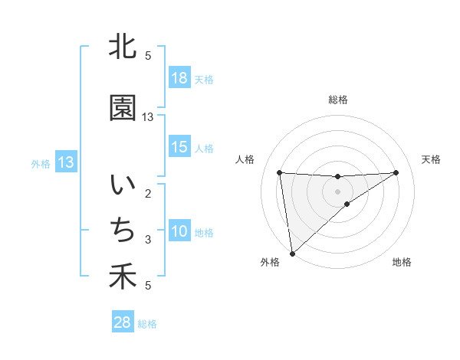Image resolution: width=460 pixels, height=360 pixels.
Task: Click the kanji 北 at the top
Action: pos(122,47)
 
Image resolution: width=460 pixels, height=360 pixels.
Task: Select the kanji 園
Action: pos(122,108)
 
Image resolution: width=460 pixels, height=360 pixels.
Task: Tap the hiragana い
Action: pos(122,186)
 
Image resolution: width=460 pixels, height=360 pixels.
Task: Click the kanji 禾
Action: pos(122,277)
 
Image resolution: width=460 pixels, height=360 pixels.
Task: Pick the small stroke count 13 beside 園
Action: pos(148,117)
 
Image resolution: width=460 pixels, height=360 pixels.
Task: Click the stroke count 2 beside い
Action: pos(148,194)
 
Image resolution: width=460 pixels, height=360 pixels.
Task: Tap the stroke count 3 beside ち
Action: pos(148,240)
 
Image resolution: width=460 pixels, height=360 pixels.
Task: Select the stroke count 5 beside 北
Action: pos(148,56)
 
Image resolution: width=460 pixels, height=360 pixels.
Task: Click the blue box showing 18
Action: pos(179,78)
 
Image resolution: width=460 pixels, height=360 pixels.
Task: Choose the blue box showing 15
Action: pos(179,147)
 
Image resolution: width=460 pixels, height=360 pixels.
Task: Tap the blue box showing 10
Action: pos(179,231)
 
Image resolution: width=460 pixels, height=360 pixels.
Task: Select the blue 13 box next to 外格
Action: pos(66,162)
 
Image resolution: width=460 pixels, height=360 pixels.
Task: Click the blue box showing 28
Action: pos(122,322)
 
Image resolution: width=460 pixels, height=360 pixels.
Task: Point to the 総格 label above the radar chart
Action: pos(337,100)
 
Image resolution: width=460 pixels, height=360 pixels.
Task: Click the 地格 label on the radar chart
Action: pos(402,263)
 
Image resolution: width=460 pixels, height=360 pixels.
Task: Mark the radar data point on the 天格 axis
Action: pos(396,172)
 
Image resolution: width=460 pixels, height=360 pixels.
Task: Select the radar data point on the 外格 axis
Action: pos(292,254)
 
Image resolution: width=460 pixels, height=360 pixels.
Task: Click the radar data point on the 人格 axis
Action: pos(280,172)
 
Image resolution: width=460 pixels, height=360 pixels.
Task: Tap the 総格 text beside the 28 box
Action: pos(147,324)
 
